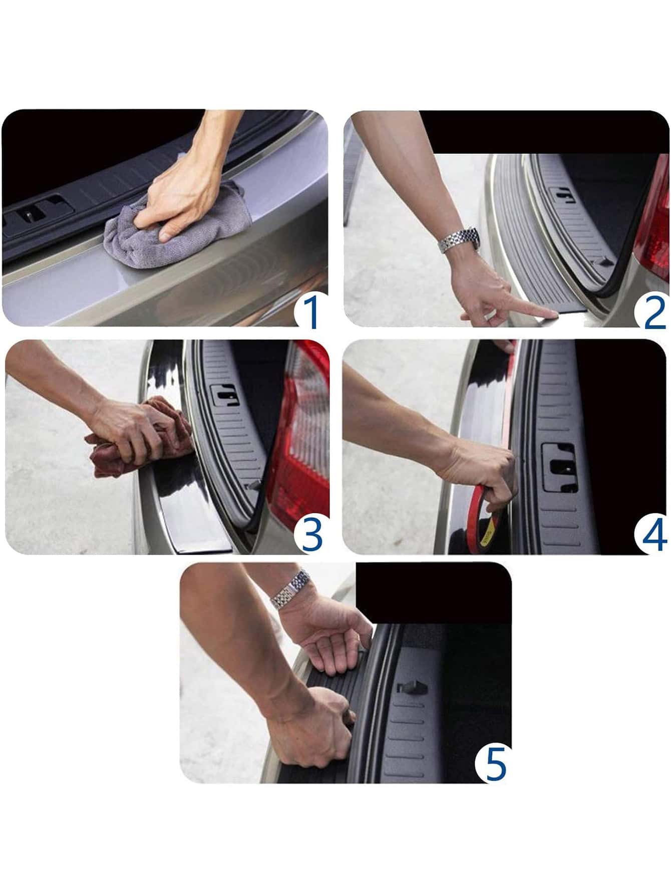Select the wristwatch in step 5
pos(291,589)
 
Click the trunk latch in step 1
pos(30,214)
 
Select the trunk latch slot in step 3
pos(225,395)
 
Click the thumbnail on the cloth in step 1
pos(166,234)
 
